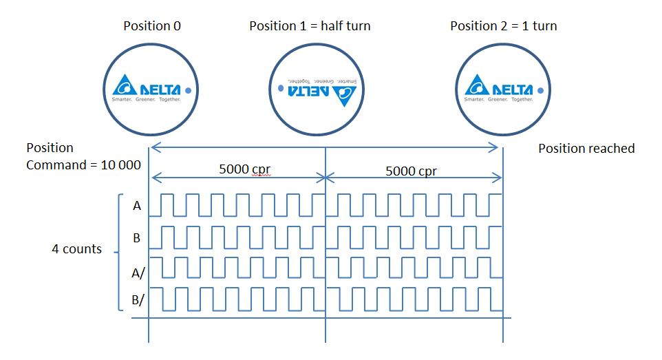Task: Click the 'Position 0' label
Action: tap(152, 26)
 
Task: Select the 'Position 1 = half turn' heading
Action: tap(310, 26)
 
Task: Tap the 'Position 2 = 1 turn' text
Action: tap(503, 26)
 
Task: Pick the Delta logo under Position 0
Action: tap(148, 90)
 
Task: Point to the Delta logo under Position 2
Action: tap(500, 90)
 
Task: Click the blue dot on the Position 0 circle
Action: tap(188, 89)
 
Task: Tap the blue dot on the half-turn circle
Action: tap(281, 89)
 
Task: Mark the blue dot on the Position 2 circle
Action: tap(540, 89)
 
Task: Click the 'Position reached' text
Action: tap(586, 149)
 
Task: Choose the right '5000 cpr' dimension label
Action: tap(411, 171)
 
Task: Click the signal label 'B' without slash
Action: tap(136, 238)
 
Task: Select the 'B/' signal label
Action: tap(138, 299)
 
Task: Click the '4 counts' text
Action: tap(76, 249)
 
